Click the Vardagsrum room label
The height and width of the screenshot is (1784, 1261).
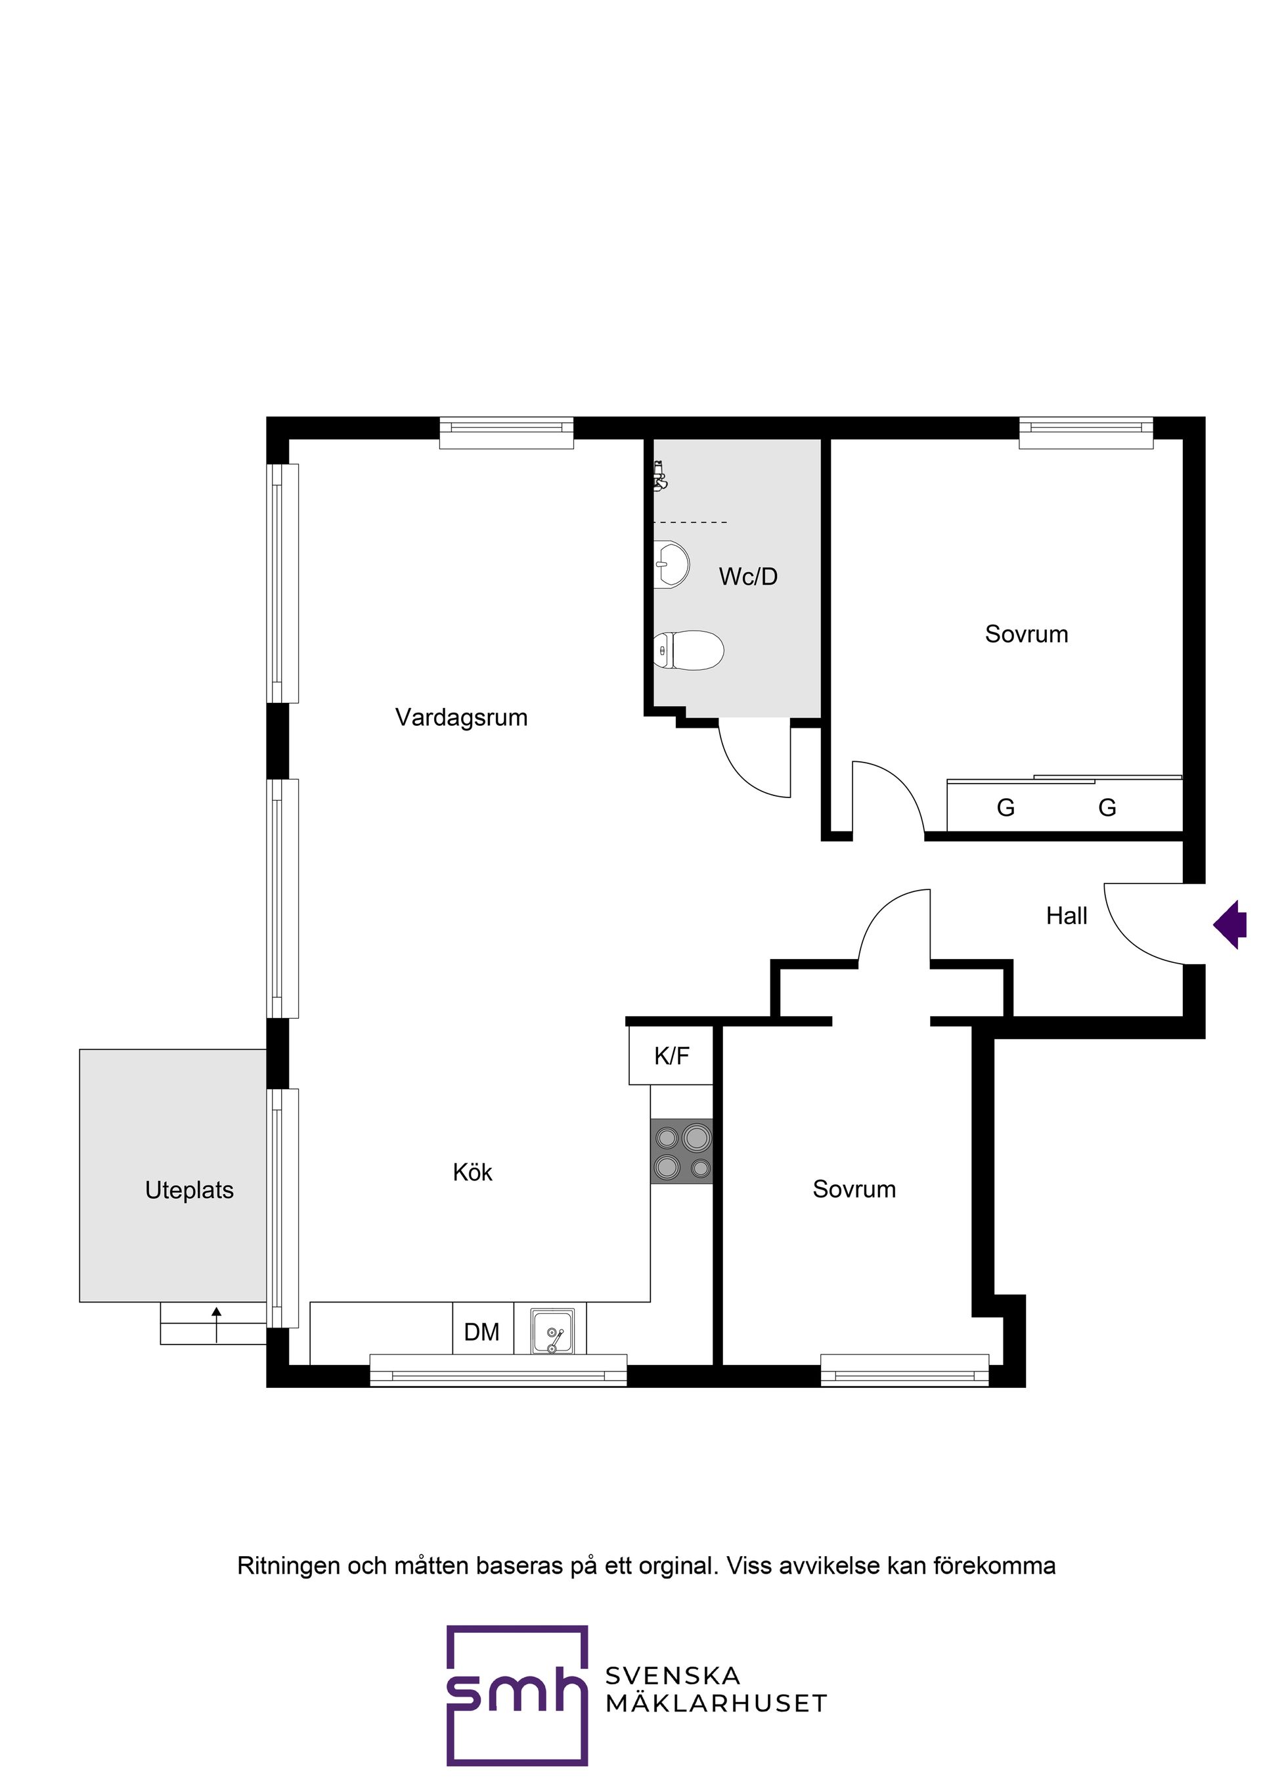461,717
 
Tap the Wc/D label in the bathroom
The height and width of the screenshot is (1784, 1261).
747,577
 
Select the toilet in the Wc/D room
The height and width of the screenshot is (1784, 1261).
688,650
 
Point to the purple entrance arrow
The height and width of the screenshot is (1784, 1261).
1230,924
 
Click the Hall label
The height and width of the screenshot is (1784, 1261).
1066,916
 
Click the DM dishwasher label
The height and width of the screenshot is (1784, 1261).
481,1332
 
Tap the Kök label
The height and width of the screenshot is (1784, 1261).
472,1172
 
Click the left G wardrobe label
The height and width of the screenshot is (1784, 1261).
1006,808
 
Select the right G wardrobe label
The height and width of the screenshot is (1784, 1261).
1107,808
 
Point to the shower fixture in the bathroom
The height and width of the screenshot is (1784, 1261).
659,476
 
